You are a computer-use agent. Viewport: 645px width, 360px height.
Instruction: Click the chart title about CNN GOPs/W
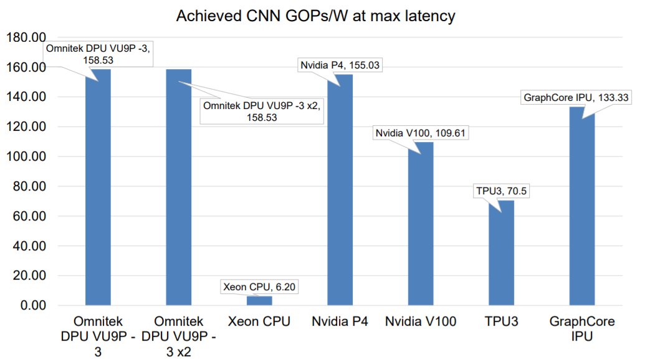[315, 16]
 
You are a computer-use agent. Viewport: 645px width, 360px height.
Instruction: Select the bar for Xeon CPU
[259, 300]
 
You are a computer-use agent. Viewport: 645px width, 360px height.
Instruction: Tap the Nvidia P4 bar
[340, 190]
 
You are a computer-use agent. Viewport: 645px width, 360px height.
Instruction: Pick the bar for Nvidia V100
[421, 224]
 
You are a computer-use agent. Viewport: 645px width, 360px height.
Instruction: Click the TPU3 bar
[501, 253]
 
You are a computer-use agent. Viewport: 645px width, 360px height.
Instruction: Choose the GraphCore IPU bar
[581, 206]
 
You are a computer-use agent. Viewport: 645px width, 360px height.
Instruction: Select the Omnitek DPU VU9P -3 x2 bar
[178, 187]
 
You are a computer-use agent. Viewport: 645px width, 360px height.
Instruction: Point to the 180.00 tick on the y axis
[26, 37]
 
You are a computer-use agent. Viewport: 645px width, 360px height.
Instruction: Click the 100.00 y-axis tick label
[26, 156]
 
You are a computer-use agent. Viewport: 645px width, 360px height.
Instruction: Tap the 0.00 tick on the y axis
[33, 305]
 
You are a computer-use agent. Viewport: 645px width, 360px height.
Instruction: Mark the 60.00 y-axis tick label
[29, 216]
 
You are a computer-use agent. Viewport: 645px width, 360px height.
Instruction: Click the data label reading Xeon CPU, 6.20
[259, 287]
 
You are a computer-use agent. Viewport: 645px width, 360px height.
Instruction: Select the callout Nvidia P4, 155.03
[340, 65]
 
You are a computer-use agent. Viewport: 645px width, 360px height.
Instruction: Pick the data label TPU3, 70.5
[501, 191]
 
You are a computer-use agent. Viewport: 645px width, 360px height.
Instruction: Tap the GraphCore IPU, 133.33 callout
[576, 97]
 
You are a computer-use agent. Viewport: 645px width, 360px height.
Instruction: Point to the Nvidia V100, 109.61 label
[421, 133]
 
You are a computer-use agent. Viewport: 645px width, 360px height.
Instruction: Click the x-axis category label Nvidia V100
[421, 321]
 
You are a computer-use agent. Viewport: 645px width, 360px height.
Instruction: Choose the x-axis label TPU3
[501, 321]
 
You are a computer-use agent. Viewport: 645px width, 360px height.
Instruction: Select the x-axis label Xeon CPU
[259, 321]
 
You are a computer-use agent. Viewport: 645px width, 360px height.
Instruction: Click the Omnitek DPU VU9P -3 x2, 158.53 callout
[262, 111]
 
